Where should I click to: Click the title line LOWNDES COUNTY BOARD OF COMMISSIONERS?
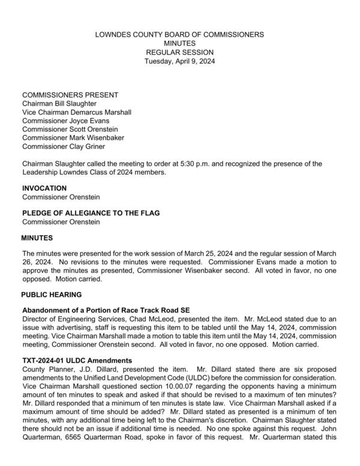tap(179, 35)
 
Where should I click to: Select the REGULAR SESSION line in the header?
tap(179, 52)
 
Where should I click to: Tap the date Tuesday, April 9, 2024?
tap(179, 61)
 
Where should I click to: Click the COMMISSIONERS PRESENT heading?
tap(70, 95)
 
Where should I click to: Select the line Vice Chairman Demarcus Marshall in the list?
tap(77, 112)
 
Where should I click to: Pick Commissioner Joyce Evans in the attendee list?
tap(66, 120)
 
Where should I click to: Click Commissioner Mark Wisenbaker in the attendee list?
tap(74, 138)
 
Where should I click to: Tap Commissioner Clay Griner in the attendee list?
tap(64, 146)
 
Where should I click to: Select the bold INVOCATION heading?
tap(44, 188)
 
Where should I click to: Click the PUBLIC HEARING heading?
tap(52, 295)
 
